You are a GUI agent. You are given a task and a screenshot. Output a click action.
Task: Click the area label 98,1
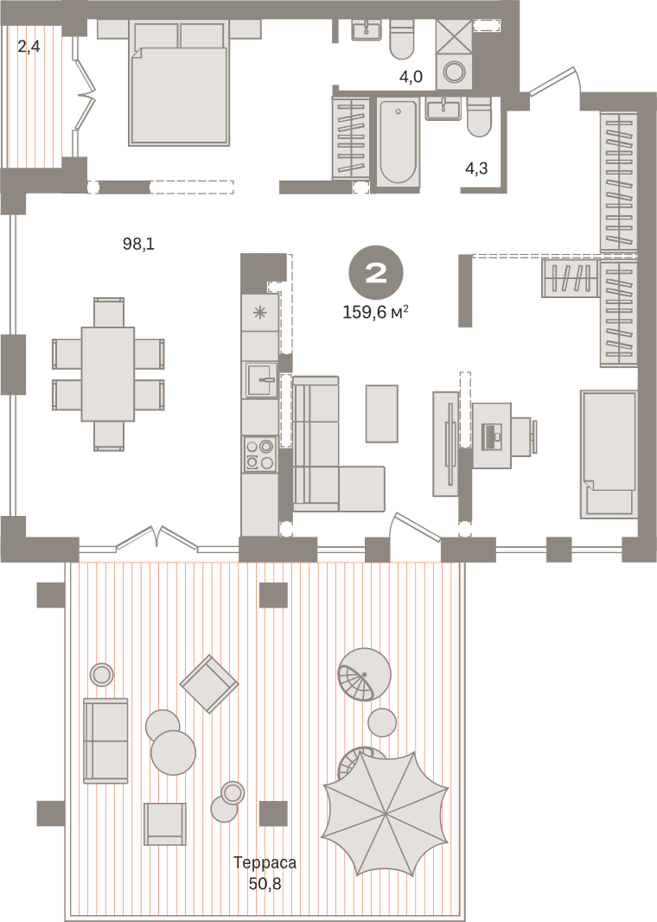tap(138, 244)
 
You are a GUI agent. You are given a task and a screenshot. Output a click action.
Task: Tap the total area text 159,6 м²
tap(376, 312)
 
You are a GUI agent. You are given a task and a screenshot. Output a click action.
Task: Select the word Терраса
tap(265, 862)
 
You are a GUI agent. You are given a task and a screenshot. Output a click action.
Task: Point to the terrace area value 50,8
tap(265, 883)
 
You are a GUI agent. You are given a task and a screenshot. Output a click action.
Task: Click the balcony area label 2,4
tap(29, 46)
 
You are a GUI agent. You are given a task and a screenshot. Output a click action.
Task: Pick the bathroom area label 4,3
tap(476, 169)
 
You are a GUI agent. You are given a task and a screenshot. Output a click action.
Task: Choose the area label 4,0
tap(411, 76)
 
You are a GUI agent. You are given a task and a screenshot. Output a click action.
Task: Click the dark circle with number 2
tap(376, 272)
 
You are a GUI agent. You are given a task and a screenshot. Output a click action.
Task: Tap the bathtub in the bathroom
tap(399, 143)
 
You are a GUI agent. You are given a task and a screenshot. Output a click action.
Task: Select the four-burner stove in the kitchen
tap(260, 455)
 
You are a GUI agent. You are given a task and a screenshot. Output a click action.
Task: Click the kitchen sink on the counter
tap(261, 380)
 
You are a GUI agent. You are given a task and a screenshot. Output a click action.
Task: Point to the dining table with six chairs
tap(108, 374)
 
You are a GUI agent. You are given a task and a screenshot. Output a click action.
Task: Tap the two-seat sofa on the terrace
tap(105, 741)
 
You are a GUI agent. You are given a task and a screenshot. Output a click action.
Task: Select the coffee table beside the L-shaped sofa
tap(382, 413)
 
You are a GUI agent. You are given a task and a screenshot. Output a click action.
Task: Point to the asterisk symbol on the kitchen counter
tap(259, 312)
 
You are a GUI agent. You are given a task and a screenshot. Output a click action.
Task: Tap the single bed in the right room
tap(609, 454)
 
